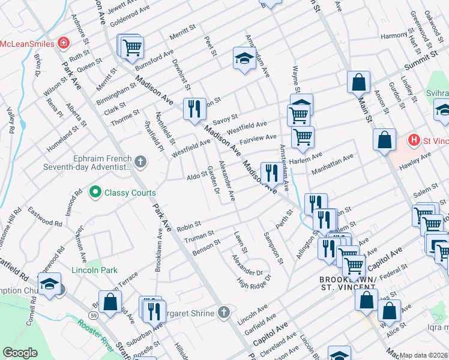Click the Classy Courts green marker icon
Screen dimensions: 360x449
[95, 193]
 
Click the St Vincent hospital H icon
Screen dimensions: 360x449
[413, 140]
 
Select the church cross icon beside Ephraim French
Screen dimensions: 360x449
[140, 161]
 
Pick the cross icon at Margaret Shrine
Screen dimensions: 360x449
[223, 311]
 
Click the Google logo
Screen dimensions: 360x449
[20, 352]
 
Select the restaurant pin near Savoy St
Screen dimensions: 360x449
[194, 109]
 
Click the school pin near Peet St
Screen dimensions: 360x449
[244, 58]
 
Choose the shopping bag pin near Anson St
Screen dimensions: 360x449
[358, 82]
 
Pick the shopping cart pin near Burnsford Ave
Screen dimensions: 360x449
[132, 47]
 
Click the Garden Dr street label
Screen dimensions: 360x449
[212, 179]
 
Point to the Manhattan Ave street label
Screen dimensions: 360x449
[332, 163]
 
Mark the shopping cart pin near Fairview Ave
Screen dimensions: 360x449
[303, 136]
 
